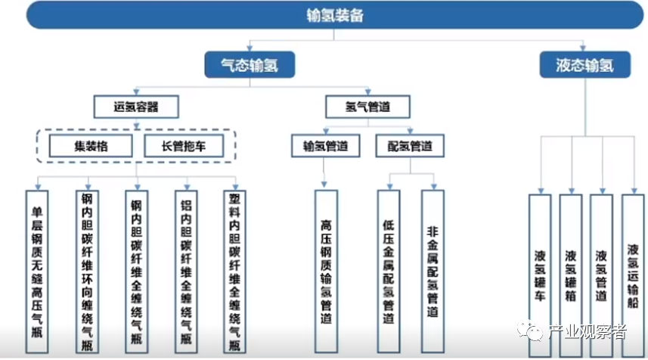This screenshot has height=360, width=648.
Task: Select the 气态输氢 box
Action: (x=250, y=65)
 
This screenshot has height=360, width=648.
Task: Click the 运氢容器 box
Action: (x=136, y=106)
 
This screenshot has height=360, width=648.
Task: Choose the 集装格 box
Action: (x=90, y=146)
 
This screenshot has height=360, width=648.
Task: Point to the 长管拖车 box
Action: (x=184, y=146)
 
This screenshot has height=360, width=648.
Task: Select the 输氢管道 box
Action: (x=325, y=146)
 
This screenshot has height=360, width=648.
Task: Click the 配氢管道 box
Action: (x=409, y=146)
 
